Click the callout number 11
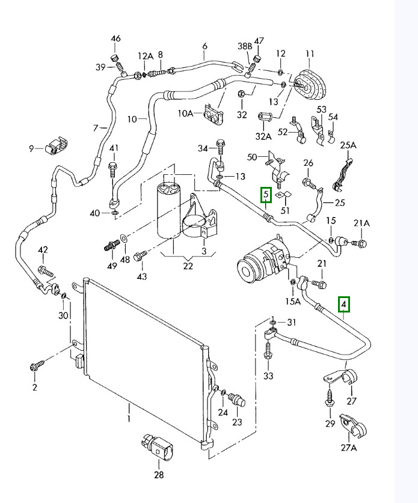310,54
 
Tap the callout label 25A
348,145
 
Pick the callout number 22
188,266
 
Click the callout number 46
116,40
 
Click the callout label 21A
361,224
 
